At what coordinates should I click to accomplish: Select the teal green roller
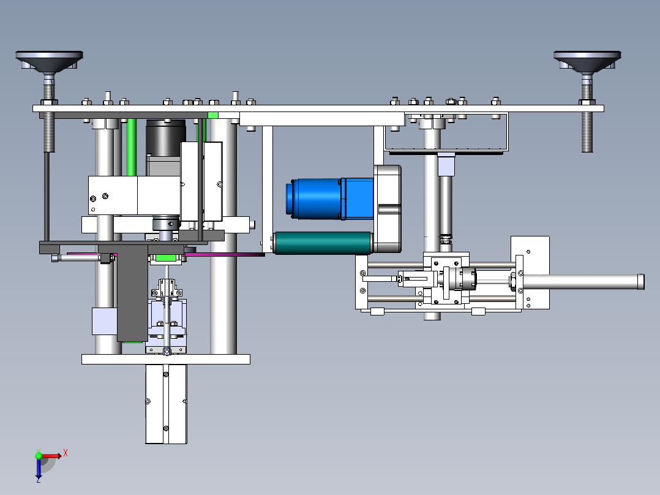[323, 243]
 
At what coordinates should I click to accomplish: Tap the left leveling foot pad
[49, 61]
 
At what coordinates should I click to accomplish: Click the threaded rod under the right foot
[587, 132]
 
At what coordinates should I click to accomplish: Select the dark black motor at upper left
[165, 136]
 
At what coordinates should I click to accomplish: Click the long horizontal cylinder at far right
[582, 282]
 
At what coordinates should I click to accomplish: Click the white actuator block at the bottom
[166, 404]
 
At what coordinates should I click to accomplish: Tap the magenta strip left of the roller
[227, 254]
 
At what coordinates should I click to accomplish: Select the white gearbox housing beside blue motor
[387, 208]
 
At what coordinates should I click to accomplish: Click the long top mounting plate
[318, 108]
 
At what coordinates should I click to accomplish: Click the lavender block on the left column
[103, 321]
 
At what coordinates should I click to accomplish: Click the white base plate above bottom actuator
[165, 359]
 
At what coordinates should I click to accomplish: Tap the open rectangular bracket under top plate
[445, 132]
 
